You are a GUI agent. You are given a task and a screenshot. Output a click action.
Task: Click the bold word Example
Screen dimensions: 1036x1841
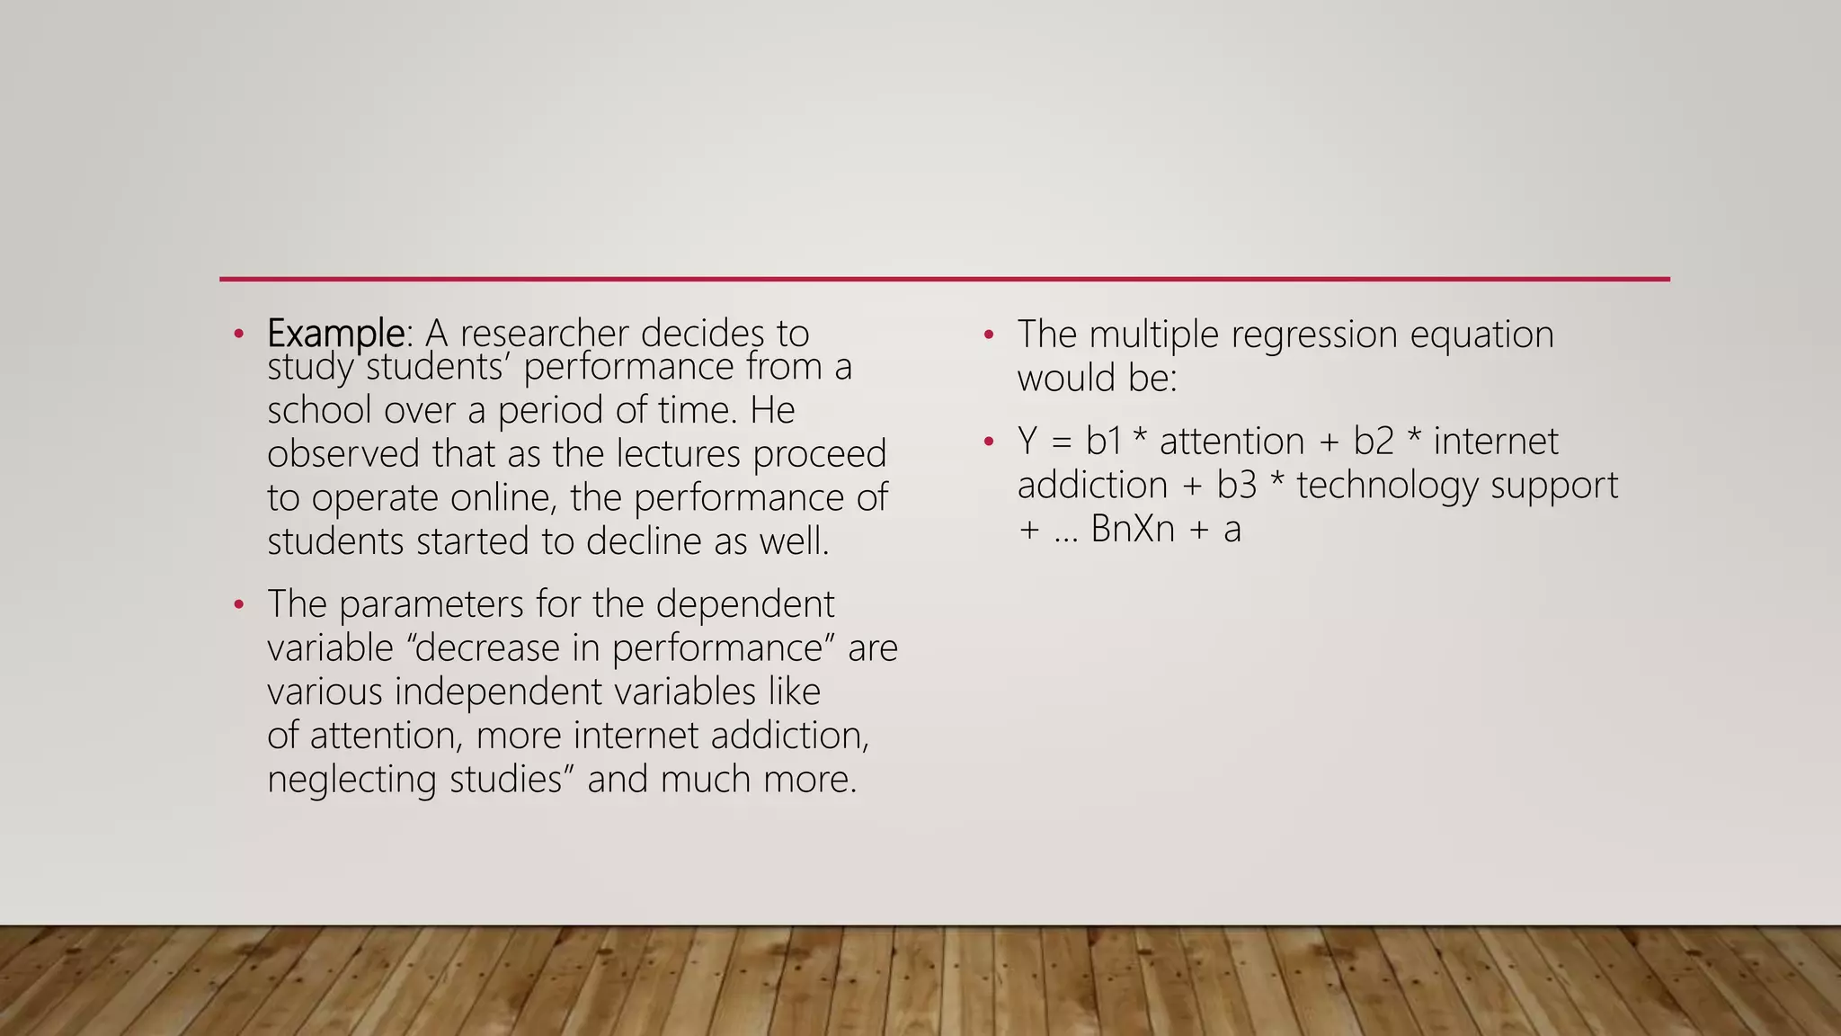335,334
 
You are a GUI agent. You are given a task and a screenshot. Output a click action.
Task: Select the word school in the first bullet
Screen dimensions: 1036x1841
319,410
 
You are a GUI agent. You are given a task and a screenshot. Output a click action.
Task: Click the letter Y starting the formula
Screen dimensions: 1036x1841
1027,442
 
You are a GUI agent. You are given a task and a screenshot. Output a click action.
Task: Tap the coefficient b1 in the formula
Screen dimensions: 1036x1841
1103,442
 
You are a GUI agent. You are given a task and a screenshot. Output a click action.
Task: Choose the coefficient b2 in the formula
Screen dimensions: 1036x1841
1373,442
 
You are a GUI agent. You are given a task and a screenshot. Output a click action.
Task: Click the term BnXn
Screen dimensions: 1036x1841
1133,529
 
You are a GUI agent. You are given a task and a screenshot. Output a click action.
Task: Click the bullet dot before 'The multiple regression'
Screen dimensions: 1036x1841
989,335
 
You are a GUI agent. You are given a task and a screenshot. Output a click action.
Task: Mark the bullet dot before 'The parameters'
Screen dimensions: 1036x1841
238,604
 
